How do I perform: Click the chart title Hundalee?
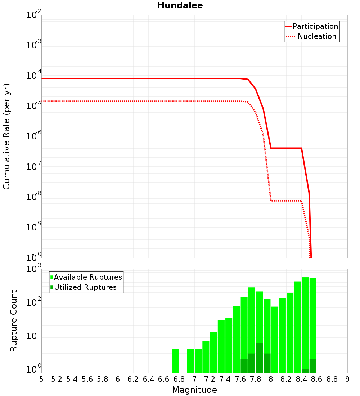pyautogui.click(x=180, y=6)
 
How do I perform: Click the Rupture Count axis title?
pyautogui.click(x=14, y=321)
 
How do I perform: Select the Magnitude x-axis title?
pyautogui.click(x=194, y=390)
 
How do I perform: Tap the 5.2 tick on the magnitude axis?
pyautogui.click(x=57, y=379)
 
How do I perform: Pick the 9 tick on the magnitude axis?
pyautogui.click(x=347, y=379)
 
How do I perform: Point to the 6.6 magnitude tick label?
pyautogui.click(x=164, y=379)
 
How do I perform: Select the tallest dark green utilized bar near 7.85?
pyautogui.click(x=260, y=358)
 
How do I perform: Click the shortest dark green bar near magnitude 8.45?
pyautogui.click(x=305, y=371)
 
